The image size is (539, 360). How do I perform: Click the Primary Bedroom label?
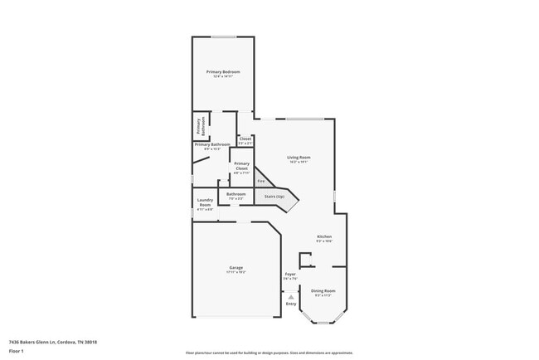[223, 72]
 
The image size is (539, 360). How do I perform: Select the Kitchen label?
[323, 237]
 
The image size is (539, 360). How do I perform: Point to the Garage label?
[236, 267]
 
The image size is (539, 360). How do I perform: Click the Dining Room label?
[323, 290]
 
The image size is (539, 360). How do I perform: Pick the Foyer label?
[290, 274]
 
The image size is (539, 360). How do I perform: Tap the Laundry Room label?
[205, 202]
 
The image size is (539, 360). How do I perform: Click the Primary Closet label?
[241, 166]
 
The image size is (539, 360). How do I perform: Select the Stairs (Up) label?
[274, 197]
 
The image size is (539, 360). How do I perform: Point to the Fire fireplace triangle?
[260, 180]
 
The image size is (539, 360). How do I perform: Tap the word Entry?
[290, 304]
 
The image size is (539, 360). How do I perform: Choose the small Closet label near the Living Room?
[245, 139]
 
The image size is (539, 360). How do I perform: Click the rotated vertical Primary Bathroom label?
[198, 126]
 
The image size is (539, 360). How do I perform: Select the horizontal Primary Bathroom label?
[212, 144]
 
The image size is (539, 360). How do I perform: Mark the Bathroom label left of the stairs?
[236, 194]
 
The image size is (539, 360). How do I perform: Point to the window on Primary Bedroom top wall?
[223, 36]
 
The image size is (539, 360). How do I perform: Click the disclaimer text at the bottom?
[269, 353]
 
